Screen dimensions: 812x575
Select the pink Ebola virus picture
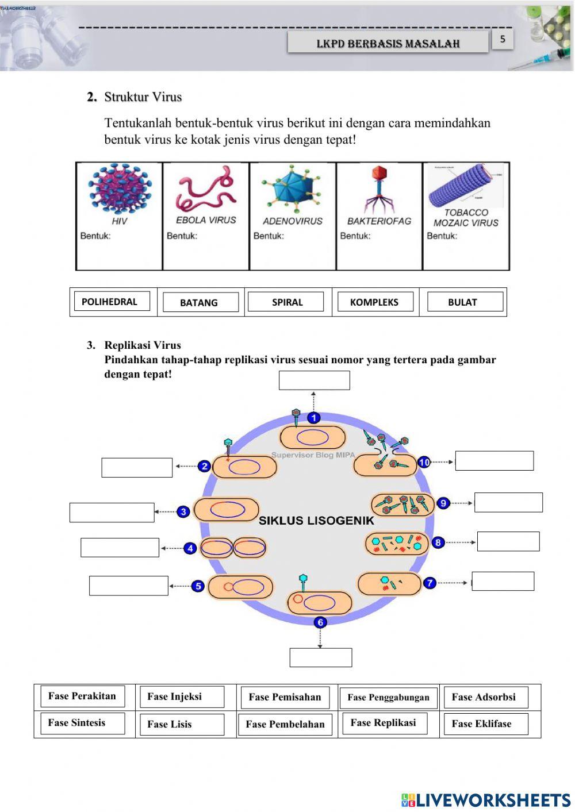pyautogui.click(x=206, y=190)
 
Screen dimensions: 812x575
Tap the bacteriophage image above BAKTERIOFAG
pyautogui.click(x=378, y=190)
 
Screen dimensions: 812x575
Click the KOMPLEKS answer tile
pyautogui.click(x=375, y=302)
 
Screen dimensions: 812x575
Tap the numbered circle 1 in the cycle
pyautogui.click(x=313, y=418)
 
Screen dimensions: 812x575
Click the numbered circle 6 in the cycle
pyautogui.click(x=320, y=622)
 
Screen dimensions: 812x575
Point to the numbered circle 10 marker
pyautogui.click(x=424, y=462)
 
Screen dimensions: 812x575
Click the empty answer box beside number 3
pyautogui.click(x=112, y=512)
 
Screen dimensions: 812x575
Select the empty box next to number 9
pyautogui.click(x=508, y=502)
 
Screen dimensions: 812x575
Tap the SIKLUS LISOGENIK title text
pyautogui.click(x=316, y=521)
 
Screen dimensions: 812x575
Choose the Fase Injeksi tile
pyautogui.click(x=182, y=697)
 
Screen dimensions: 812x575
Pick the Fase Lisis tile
pyautogui.click(x=182, y=724)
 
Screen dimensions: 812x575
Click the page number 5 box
pyautogui.click(x=503, y=40)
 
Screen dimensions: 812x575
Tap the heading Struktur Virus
pyautogui.click(x=143, y=97)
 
